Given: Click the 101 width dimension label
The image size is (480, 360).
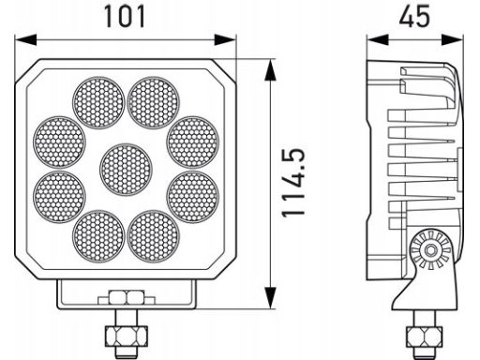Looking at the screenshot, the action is (x=125, y=17).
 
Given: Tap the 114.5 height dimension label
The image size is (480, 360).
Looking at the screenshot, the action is (x=293, y=183).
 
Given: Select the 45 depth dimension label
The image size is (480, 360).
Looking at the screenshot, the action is (x=414, y=16).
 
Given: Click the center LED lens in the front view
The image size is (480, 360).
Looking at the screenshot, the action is (x=126, y=170).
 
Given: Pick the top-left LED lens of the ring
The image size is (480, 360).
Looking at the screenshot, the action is (x=98, y=102).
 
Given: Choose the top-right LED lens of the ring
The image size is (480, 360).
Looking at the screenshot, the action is (x=154, y=102).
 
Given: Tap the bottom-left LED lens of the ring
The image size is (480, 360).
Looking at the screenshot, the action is (x=98, y=236).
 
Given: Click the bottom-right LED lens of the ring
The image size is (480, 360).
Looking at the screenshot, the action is (x=154, y=236).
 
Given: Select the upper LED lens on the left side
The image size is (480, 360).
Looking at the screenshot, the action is (x=59, y=142).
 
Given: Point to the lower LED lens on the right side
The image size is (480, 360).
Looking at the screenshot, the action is (x=193, y=197).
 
